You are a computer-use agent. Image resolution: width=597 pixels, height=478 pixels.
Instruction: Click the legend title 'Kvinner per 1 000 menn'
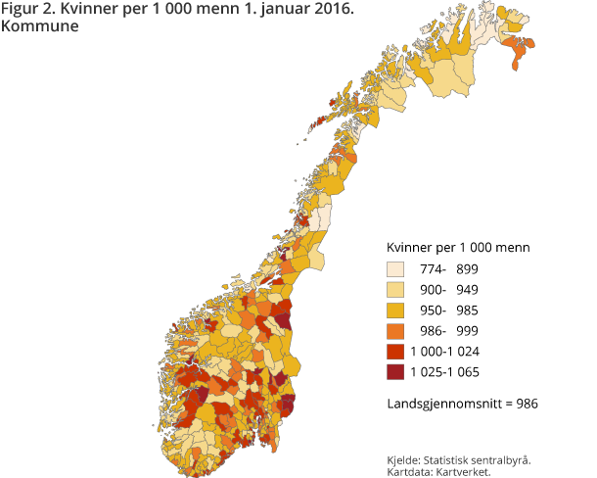(459, 247)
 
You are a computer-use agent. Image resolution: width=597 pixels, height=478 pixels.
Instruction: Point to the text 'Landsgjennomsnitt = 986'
(463, 403)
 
